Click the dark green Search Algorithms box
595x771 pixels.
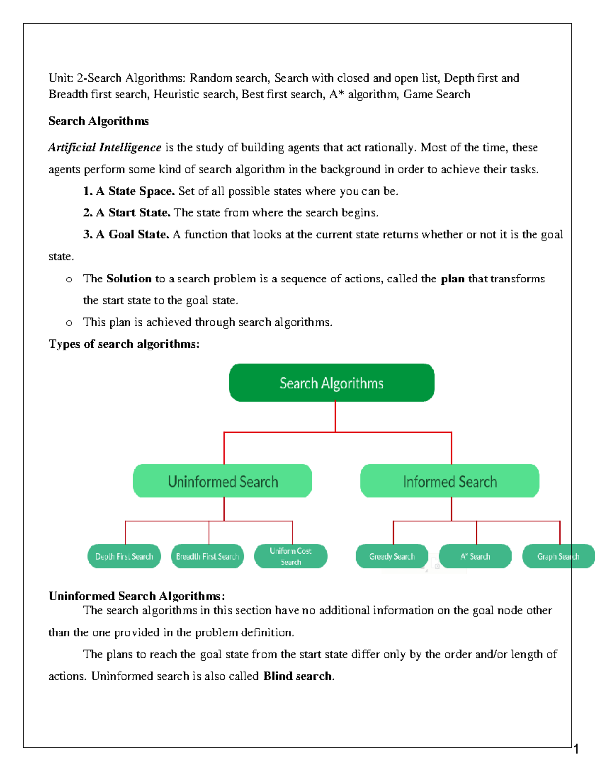[x=331, y=383]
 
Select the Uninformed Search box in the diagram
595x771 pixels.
[x=223, y=481]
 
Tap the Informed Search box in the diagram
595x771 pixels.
[x=450, y=481]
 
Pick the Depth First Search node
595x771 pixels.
[x=124, y=556]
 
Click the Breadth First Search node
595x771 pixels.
[x=207, y=556]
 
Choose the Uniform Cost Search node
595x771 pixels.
[x=291, y=556]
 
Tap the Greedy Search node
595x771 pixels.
[x=392, y=556]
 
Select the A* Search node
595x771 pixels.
[x=475, y=556]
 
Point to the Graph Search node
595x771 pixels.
[x=558, y=556]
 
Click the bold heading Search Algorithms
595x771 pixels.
[x=98, y=121]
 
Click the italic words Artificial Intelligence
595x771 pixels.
[x=105, y=148]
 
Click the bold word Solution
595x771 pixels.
[x=129, y=279]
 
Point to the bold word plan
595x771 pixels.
[x=452, y=279]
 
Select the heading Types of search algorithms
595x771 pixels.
[x=124, y=344]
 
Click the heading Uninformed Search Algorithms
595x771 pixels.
[x=136, y=596]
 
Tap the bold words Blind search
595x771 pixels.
[x=297, y=676]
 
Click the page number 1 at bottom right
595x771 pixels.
[x=576, y=749]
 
